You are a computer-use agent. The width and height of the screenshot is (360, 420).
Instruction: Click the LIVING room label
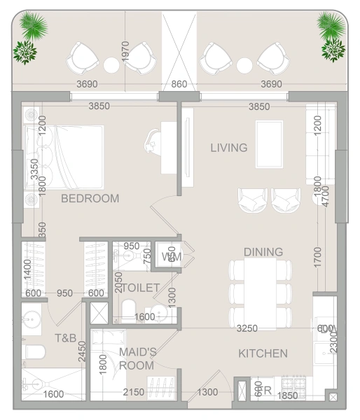[229, 148]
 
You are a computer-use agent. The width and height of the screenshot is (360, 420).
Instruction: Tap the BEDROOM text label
[90, 198]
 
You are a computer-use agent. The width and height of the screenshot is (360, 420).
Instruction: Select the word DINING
[263, 252]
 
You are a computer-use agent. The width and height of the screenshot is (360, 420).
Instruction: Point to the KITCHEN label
[263, 353]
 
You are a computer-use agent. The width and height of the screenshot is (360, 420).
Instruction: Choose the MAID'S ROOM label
[136, 358]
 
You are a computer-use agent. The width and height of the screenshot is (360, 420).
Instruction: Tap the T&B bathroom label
[66, 338]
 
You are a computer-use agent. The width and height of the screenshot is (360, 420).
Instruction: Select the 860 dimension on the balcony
[179, 85]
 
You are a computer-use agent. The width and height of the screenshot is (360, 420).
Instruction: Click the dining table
[259, 292]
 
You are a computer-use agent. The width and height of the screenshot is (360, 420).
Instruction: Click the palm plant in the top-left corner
[33, 27]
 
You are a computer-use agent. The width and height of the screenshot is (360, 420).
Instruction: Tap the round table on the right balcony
[244, 65]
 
